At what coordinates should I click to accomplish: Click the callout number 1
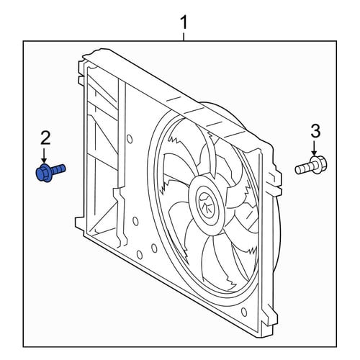click(x=184, y=22)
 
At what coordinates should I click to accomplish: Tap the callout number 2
click(x=46, y=138)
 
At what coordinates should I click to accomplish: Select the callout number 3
click(x=315, y=131)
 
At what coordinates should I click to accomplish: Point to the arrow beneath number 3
click(x=314, y=149)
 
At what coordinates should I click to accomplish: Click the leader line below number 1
click(x=184, y=37)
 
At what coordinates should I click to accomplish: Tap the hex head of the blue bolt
click(x=43, y=173)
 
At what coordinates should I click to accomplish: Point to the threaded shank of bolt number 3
click(x=302, y=168)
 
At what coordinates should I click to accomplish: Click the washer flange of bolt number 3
click(x=313, y=164)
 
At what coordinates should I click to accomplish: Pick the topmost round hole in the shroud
click(x=130, y=139)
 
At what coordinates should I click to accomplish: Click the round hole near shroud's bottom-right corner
click(x=244, y=312)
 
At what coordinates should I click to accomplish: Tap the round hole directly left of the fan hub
click(x=135, y=221)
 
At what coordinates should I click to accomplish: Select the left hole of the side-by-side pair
click(x=139, y=254)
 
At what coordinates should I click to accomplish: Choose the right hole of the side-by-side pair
click(x=154, y=248)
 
